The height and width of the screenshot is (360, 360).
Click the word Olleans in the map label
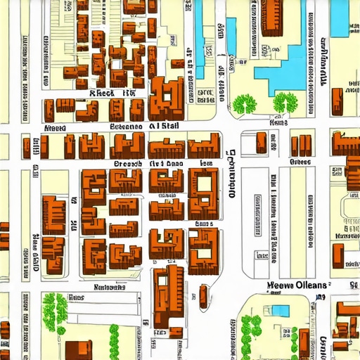click(311, 285)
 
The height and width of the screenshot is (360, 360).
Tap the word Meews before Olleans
click(281, 285)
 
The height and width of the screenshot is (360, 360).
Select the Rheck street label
click(101, 92)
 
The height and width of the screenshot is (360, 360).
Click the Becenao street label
click(125, 127)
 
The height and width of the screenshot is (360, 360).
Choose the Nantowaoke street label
click(109, 287)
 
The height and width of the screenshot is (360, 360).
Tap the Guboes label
click(300, 162)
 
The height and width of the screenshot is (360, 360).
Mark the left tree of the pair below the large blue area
click(246, 104)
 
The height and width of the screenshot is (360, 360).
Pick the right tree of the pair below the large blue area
click(285, 103)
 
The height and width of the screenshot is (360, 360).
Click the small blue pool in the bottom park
click(280, 310)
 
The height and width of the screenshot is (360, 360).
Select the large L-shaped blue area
click(285, 67)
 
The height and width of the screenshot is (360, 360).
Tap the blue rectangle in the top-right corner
click(340, 18)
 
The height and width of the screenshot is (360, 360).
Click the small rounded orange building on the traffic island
click(203, 296)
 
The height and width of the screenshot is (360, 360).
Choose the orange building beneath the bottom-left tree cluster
click(78, 349)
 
